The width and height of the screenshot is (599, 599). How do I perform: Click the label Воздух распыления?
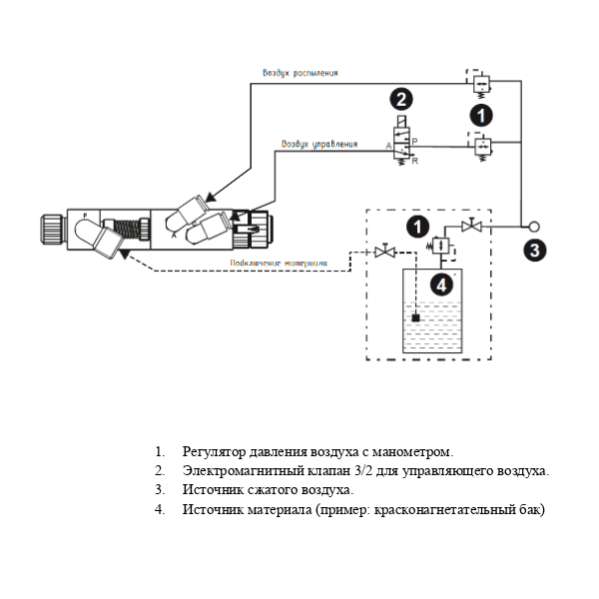(300, 73)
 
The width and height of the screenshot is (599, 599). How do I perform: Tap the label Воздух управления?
(318, 144)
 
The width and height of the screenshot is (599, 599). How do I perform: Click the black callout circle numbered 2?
(400, 99)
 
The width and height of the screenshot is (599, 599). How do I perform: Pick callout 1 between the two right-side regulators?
(481, 116)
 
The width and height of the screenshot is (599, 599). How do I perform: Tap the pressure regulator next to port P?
(480, 146)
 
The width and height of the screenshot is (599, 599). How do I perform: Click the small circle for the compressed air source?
(534, 226)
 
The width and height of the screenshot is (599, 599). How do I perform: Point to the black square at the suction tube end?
(417, 318)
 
